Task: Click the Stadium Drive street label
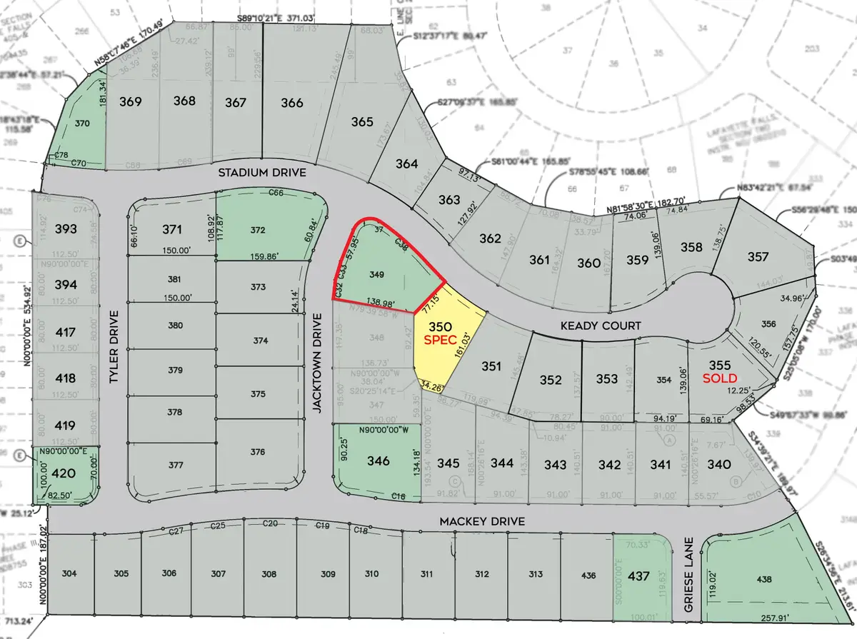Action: [261, 173]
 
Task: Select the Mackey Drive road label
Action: [481, 522]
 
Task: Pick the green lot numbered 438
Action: [763, 580]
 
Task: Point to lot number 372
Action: [259, 230]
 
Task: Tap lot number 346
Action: [378, 461]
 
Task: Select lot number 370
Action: [83, 124]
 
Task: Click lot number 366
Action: [291, 102]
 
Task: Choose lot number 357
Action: [758, 256]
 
